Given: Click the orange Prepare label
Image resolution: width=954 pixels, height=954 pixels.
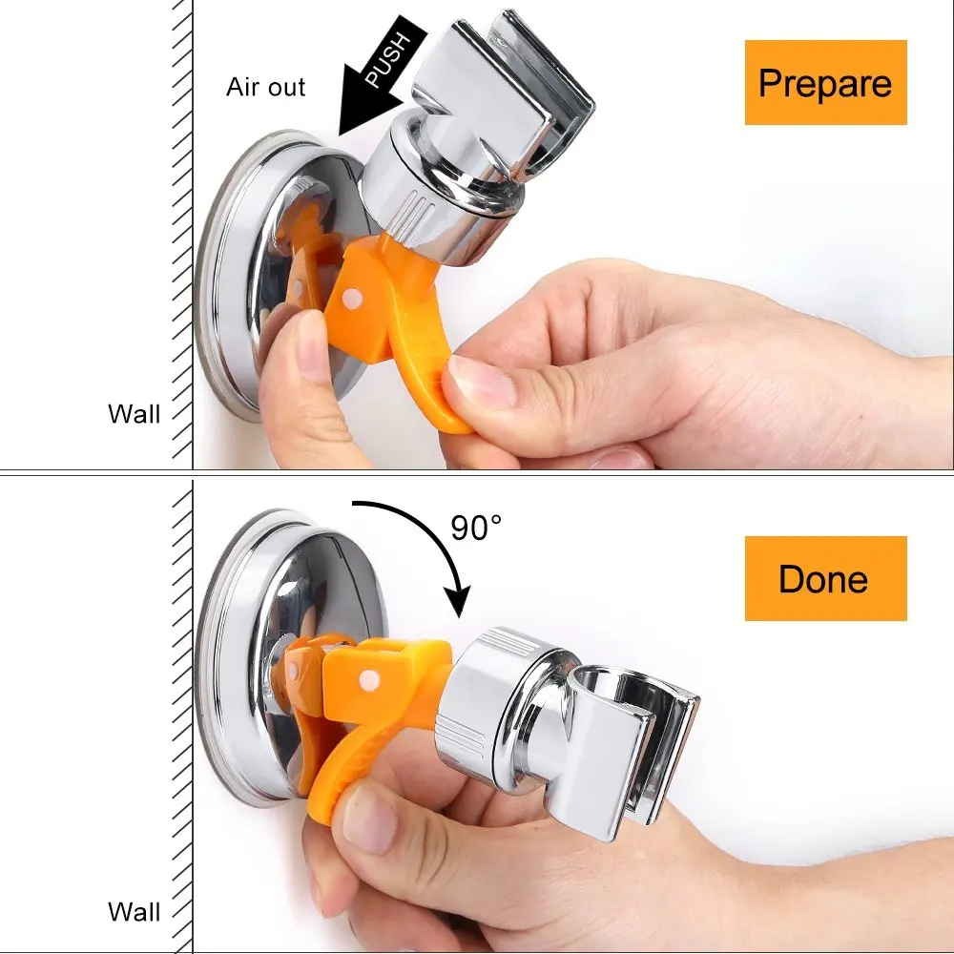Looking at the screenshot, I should pyautogui.click(x=825, y=83).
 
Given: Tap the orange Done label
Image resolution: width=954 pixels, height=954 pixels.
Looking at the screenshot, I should pyautogui.click(x=825, y=578).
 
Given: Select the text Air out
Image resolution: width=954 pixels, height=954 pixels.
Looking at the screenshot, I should pyautogui.click(x=265, y=87).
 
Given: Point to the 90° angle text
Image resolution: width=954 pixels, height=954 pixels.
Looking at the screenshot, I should pyautogui.click(x=475, y=527).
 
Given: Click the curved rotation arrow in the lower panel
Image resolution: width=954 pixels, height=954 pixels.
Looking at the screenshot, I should pyautogui.click(x=429, y=534).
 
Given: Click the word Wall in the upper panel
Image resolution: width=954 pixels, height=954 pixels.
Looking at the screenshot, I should pyautogui.click(x=134, y=413).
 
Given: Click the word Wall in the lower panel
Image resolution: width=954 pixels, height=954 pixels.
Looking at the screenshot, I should pyautogui.click(x=134, y=910).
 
